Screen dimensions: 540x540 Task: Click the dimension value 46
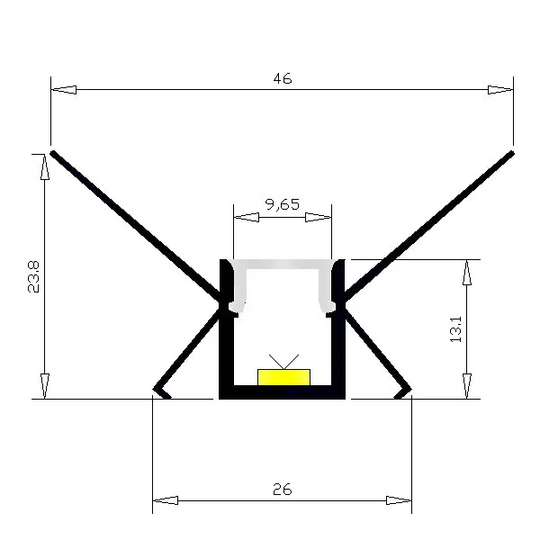tap(282, 79)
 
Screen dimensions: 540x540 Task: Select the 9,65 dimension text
tap(283, 204)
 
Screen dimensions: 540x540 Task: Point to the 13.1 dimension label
tap(455, 328)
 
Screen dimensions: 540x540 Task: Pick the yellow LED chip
tap(283, 376)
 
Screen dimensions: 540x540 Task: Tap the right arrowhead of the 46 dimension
tap(500, 90)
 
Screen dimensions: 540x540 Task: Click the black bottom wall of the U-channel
tap(283, 391)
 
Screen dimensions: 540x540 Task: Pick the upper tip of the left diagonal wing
tap(55, 154)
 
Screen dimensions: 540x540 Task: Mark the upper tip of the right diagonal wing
tap(510, 154)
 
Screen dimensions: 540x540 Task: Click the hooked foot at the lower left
tap(161, 391)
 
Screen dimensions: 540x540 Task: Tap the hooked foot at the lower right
tap(404, 391)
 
